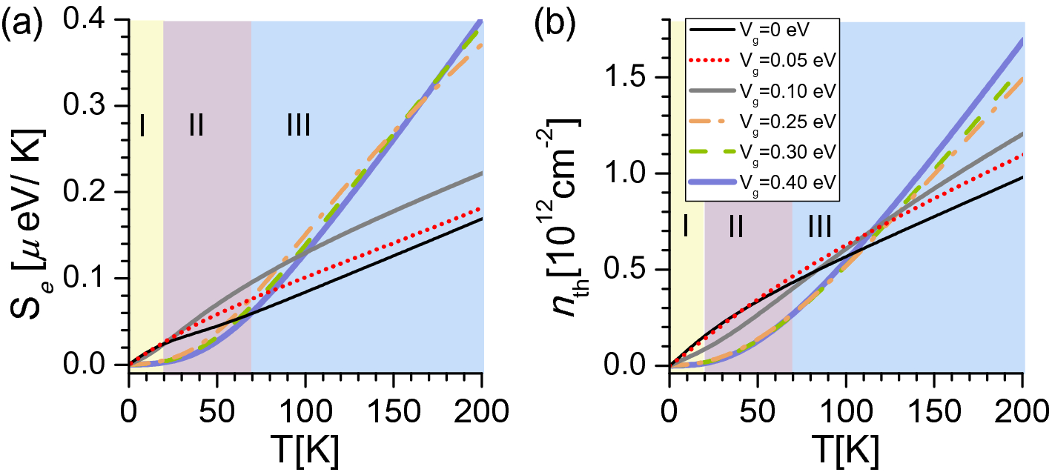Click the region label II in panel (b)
(736, 225)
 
